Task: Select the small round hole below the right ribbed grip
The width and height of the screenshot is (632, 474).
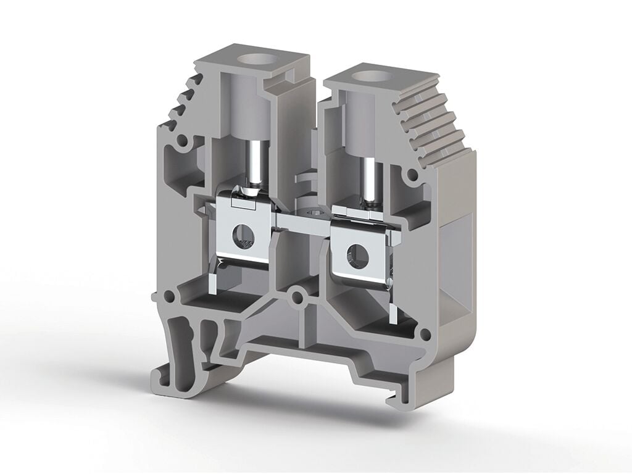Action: click(x=412, y=176)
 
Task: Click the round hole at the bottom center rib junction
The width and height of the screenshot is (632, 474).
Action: click(x=298, y=299)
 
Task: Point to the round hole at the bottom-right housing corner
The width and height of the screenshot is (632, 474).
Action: click(x=425, y=335)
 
